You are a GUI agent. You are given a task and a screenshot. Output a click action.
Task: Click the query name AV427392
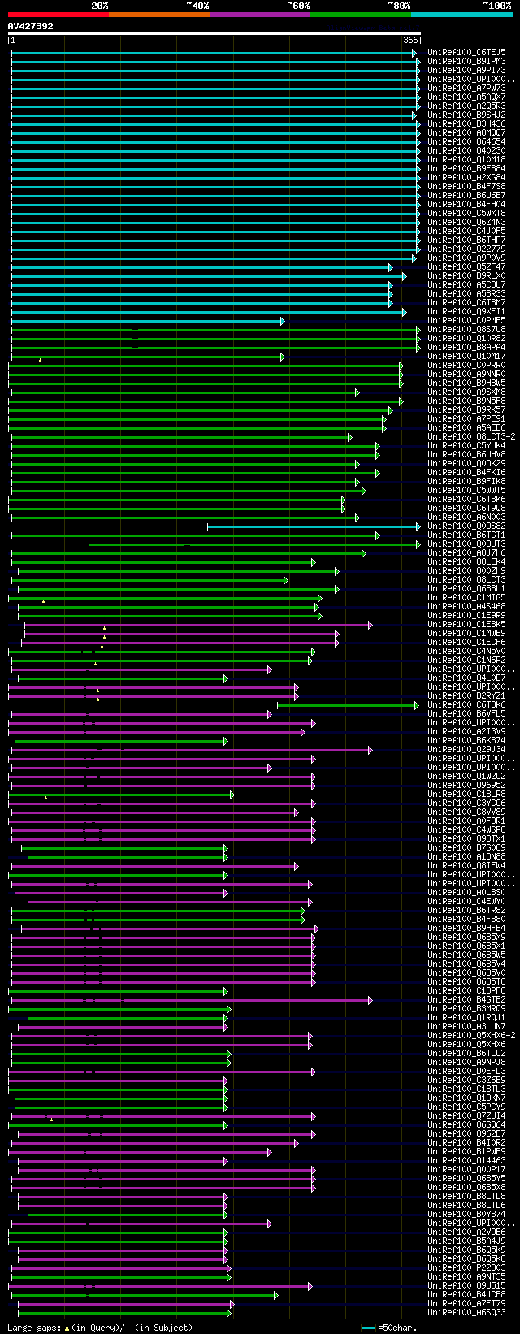point(31,26)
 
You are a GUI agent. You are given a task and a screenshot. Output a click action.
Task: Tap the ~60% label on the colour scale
point(298,6)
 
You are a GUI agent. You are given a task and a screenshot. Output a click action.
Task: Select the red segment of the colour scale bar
point(58,14)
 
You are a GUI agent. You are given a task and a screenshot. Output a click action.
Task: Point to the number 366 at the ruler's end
point(410,40)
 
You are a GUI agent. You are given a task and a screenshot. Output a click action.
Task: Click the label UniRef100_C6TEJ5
point(466,52)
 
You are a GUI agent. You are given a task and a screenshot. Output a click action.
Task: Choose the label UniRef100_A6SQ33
point(466,1312)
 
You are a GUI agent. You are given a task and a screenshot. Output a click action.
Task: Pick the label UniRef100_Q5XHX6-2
point(471,1035)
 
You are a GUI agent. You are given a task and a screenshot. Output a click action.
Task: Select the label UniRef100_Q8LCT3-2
point(471,436)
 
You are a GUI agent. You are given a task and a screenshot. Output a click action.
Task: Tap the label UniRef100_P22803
point(466,1267)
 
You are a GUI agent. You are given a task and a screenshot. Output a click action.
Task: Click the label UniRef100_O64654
point(466,141)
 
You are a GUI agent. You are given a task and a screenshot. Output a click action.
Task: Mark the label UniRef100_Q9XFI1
point(466,311)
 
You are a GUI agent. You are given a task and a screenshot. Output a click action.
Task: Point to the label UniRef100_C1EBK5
point(466,624)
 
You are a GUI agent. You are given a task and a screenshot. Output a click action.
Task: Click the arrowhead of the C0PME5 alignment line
point(282,321)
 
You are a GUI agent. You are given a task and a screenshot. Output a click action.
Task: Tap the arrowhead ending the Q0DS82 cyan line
point(418,526)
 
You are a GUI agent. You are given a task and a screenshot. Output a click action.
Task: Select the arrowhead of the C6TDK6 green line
point(418,705)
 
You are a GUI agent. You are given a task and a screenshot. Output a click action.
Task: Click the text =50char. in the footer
point(397,1328)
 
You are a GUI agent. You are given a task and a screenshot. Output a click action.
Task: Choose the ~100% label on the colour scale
point(496,6)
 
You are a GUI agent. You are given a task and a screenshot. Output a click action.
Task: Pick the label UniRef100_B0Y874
point(466,1214)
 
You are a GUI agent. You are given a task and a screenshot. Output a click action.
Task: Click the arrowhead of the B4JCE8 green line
point(275,1294)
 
